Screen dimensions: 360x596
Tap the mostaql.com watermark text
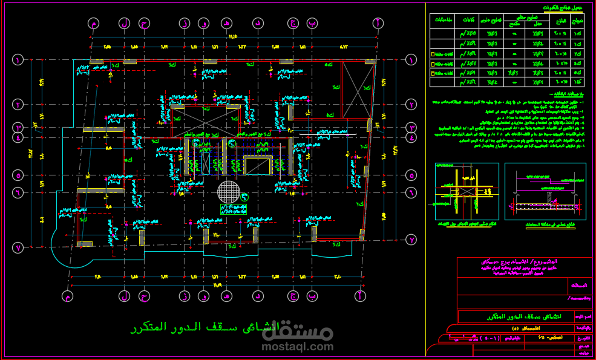coord(298,347)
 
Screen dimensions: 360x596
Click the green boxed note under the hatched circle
coord(234,209)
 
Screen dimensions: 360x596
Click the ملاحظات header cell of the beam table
coord(441,20)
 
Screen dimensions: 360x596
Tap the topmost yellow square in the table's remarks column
coord(432,54)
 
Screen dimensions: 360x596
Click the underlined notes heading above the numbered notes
coord(567,94)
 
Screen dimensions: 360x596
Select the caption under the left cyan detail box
coord(467,224)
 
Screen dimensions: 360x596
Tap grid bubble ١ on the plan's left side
coord(18,60)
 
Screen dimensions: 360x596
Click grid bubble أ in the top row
coord(378,23)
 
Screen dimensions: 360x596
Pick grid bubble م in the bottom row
coord(68,296)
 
